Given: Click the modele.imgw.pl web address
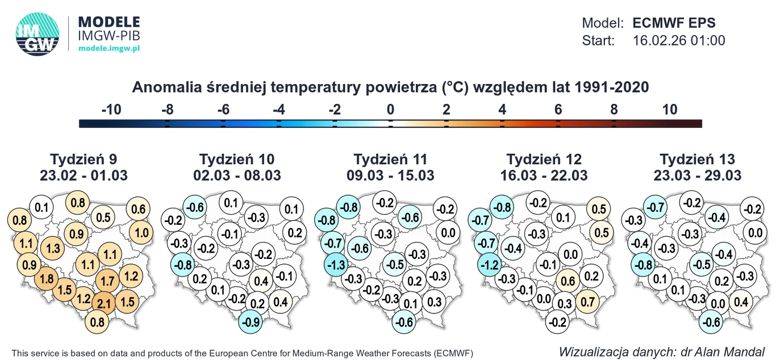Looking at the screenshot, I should point(109,49).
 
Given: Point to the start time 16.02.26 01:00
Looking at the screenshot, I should point(678,40).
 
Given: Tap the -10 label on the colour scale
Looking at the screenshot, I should point(111,110).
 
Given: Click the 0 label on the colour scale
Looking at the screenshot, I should point(390,110).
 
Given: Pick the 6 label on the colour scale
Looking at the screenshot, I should point(558,110).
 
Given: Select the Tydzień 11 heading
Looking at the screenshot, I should point(390,159).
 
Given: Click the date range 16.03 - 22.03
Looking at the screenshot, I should point(544,175).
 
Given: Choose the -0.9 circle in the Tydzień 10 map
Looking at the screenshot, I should point(251,322).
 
